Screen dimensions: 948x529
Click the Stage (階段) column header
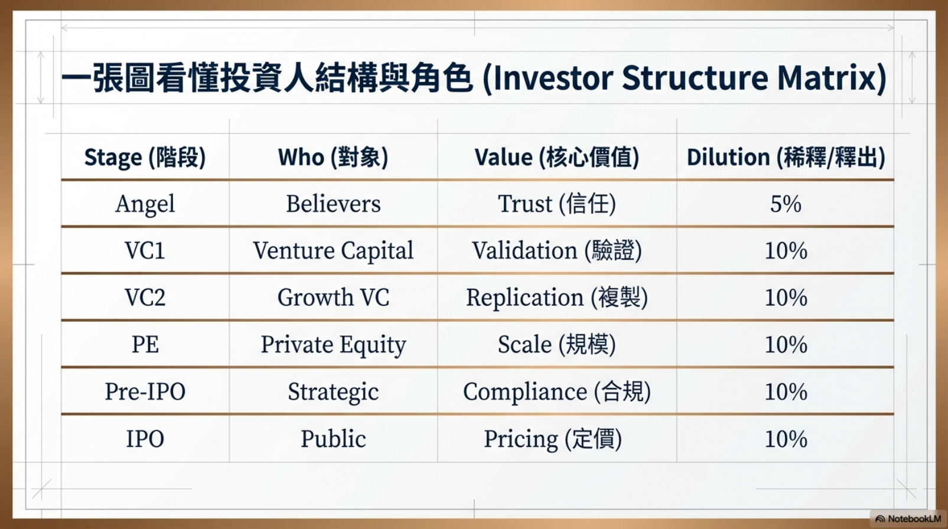coord(145,158)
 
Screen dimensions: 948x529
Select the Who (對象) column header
coord(333,158)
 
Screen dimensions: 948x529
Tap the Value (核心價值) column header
coord(556,158)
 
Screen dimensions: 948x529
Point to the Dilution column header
coord(786,158)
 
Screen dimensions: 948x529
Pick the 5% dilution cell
coord(786,204)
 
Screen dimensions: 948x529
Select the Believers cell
coord(333,204)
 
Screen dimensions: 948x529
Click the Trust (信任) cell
coord(556,204)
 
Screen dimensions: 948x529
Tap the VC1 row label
coord(145,250)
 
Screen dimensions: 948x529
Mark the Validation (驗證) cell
coord(556,250)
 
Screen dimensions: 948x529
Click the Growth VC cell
coord(333,297)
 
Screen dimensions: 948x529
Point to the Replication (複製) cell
coord(556,298)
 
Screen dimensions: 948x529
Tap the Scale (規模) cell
coord(556,344)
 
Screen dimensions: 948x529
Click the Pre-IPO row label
coord(145,391)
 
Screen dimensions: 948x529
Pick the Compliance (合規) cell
coord(556,392)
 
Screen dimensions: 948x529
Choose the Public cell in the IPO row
coord(333,439)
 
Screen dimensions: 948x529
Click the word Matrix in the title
coord(826,78)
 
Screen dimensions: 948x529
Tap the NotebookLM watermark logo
coord(880,519)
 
